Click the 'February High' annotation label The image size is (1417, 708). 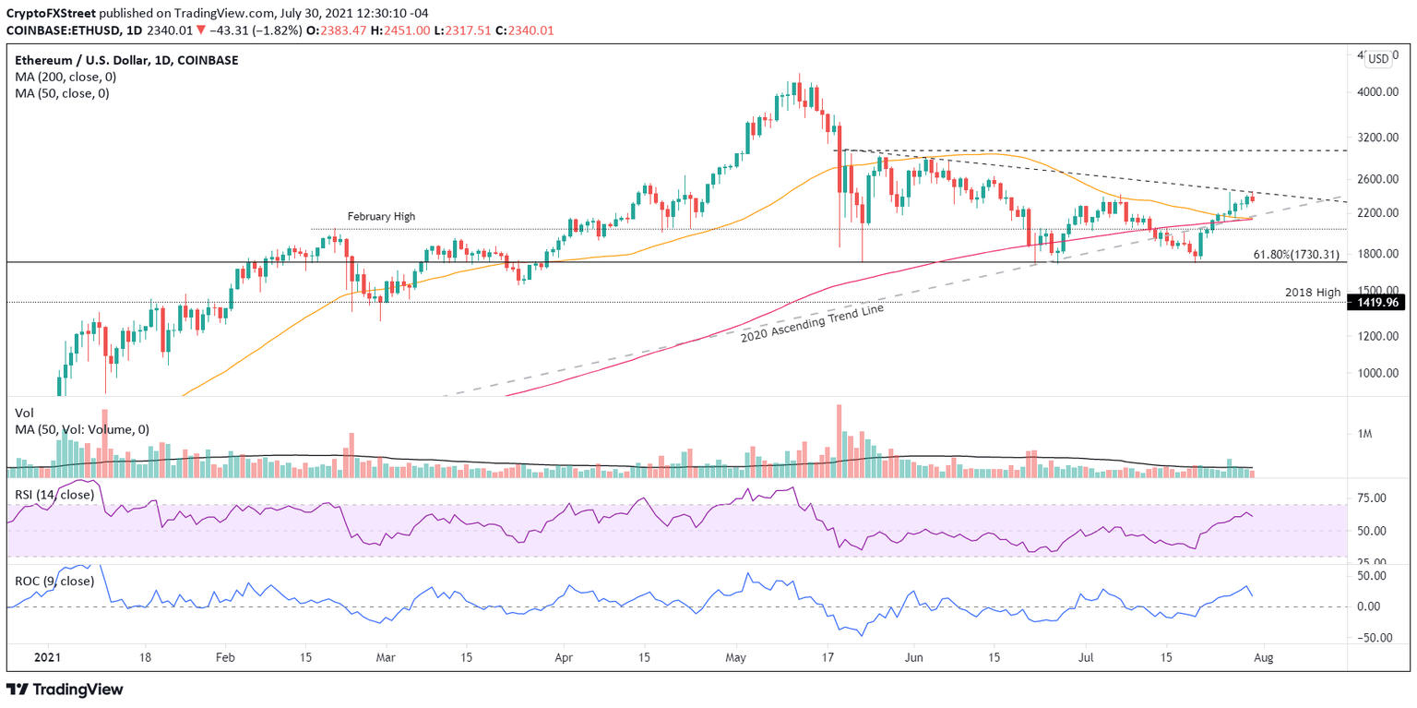(381, 216)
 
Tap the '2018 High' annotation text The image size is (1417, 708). (1313, 292)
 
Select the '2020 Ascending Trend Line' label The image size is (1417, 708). (812, 323)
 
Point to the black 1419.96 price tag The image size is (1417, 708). (1375, 302)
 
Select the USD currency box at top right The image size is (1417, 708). (1377, 59)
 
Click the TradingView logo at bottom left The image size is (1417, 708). (65, 690)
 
